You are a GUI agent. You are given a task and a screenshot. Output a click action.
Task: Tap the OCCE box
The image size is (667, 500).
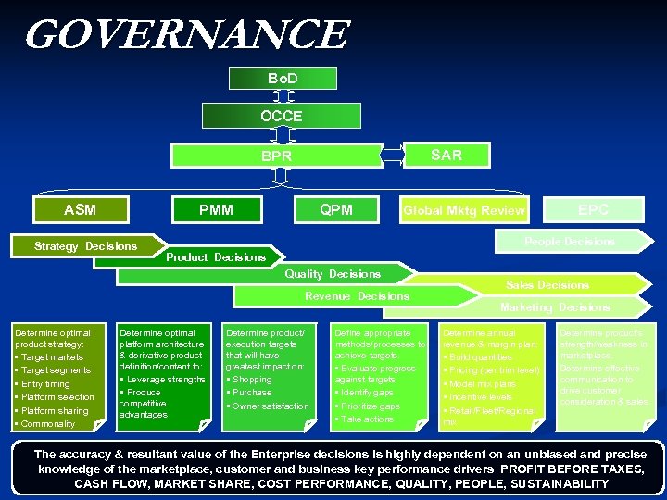coord(281,116)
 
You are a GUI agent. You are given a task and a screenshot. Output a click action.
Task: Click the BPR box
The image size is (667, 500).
coord(276,156)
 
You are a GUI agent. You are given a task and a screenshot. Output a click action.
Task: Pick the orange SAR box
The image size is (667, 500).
coord(447,155)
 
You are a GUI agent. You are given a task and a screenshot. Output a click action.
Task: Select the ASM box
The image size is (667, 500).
coord(81,210)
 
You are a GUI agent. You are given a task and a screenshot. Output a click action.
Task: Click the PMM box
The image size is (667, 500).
coord(217,210)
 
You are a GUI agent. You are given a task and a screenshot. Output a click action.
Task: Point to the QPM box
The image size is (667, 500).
coord(335,210)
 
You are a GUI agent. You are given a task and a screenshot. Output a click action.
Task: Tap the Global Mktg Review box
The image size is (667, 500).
coord(463,211)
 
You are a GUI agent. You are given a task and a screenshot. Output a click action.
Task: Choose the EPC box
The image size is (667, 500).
coord(593,210)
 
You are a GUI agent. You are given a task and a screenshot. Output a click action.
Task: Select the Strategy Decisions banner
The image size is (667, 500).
coord(85,245)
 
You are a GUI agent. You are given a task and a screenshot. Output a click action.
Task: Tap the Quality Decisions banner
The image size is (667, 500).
coord(333,274)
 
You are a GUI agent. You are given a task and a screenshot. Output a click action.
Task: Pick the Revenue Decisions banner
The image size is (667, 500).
coord(357,296)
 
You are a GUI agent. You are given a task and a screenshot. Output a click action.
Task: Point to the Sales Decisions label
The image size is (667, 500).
coord(547,285)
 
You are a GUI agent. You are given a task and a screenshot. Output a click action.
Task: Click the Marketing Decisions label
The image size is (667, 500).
coord(555,307)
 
